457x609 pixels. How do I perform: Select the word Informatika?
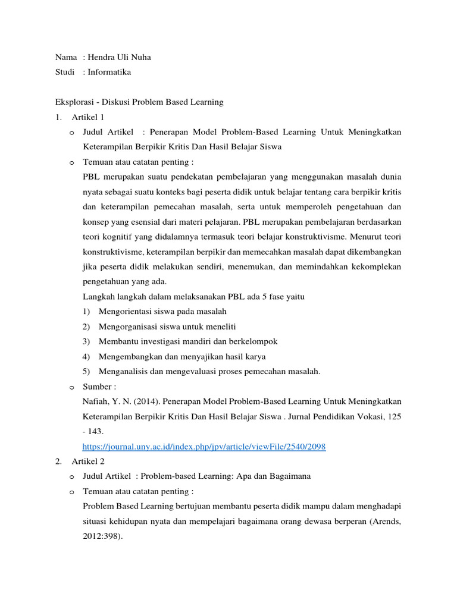click(x=109, y=72)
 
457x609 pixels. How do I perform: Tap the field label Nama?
click(x=65, y=57)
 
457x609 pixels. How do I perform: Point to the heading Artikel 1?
click(x=87, y=117)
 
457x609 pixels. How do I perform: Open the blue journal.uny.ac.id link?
click(x=204, y=447)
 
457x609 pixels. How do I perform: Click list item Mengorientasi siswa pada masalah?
click(x=155, y=311)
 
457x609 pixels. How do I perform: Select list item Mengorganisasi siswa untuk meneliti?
click(x=159, y=327)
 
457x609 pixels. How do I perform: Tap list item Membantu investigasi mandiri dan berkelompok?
click(x=180, y=341)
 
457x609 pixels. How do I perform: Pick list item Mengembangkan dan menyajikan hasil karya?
click(x=174, y=356)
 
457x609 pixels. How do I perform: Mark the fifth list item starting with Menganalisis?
click(x=202, y=371)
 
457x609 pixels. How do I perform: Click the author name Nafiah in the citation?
click(x=95, y=401)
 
